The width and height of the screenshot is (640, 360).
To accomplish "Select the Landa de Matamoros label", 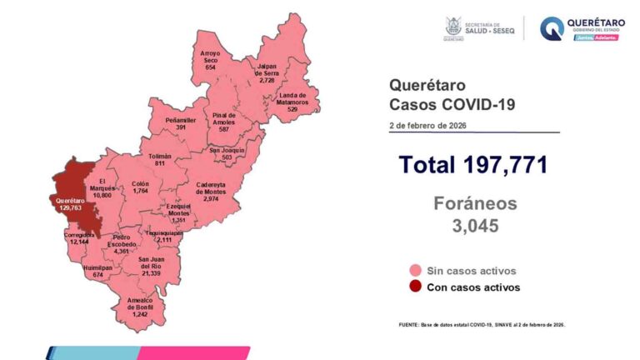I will tap(297, 102).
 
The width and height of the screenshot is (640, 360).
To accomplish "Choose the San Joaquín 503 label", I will tap(227, 153).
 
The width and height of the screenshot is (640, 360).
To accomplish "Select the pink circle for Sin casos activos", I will tap(413, 271).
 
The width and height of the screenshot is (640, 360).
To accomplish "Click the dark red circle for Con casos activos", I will tap(413, 287).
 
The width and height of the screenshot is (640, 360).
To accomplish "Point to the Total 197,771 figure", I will tap(472, 164).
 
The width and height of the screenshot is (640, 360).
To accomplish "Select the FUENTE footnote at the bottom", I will tap(482, 324).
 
